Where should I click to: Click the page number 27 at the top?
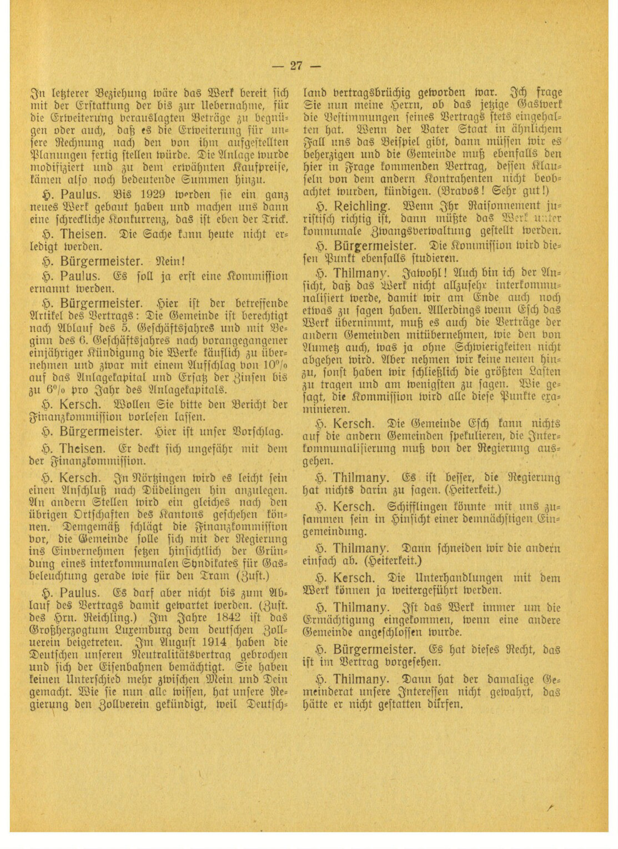[x=297, y=66]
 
